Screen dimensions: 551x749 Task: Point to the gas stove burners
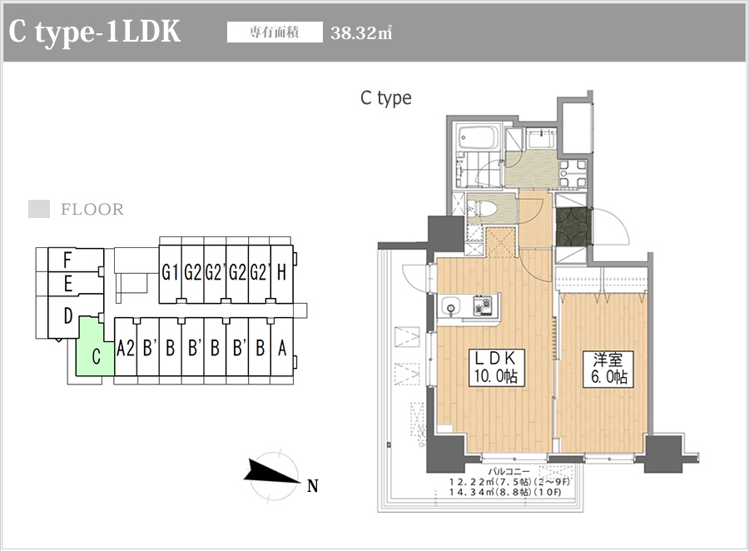pos(483,306)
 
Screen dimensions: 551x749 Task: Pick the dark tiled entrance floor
pos(572,225)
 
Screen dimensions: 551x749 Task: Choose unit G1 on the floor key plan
pos(171,271)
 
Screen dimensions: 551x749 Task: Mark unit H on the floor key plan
pos(281,271)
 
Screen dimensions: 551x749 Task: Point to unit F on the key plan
pos(67,260)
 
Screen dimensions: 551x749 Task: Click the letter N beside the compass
pos(313,486)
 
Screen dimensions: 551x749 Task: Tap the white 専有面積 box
pos(275,33)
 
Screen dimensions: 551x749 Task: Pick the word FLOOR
pos(92,210)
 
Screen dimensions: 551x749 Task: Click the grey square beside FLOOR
pos(39,210)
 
